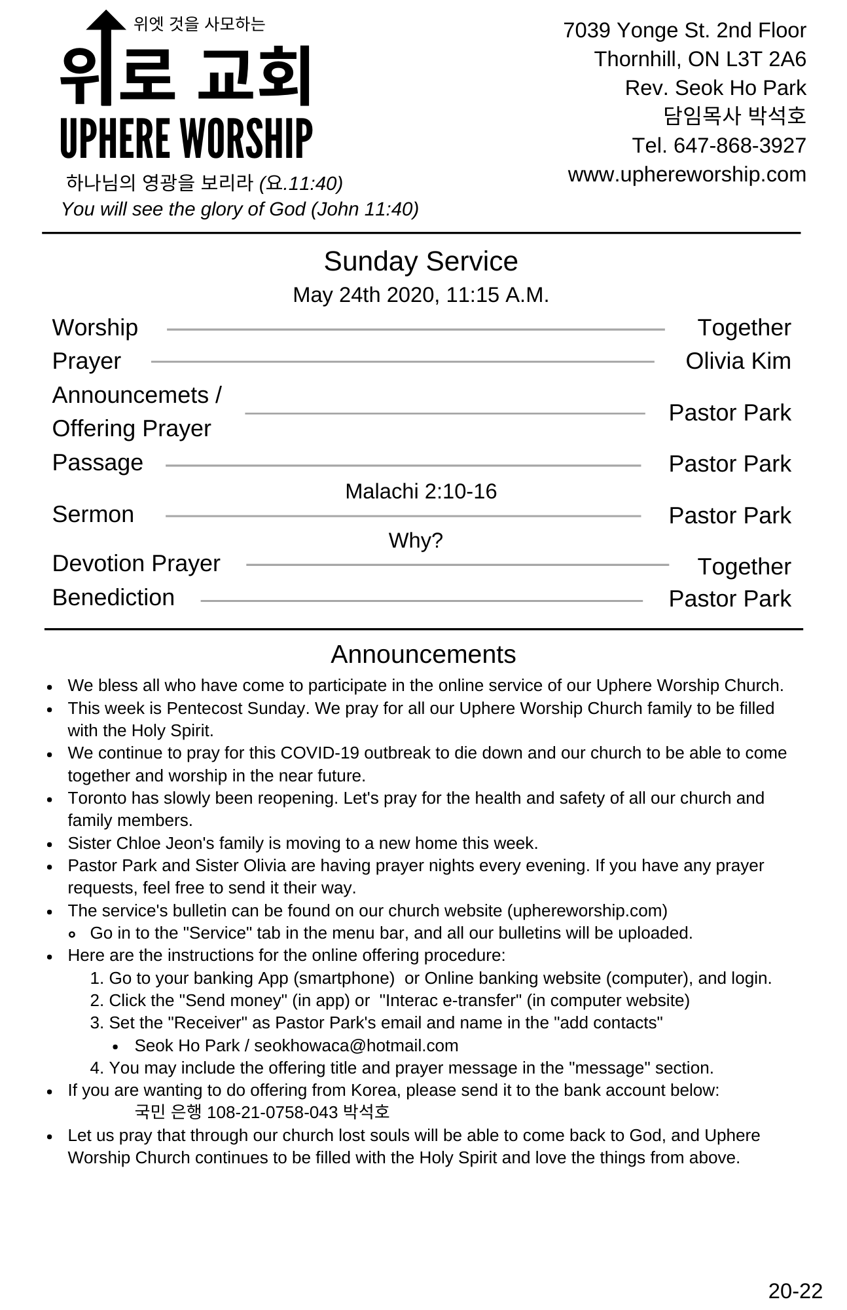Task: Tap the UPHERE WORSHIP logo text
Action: click(x=186, y=139)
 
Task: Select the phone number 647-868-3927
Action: click(x=740, y=145)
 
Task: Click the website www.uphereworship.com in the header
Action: click(x=687, y=174)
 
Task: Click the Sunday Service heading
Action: click(x=421, y=261)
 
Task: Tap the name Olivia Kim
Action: click(x=738, y=361)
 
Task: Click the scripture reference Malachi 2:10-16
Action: click(x=421, y=491)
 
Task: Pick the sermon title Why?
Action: click(x=416, y=540)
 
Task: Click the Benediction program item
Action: click(x=113, y=597)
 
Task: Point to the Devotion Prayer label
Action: click(x=136, y=563)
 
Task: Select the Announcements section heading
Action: click(x=423, y=654)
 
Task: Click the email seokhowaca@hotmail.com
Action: click(x=356, y=1045)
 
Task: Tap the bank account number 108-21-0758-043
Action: click(x=272, y=1112)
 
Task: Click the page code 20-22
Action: click(x=795, y=1290)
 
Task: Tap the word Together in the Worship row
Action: click(x=744, y=327)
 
